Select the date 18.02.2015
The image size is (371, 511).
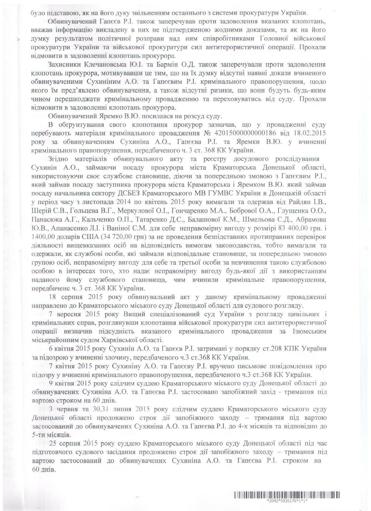(311, 134)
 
